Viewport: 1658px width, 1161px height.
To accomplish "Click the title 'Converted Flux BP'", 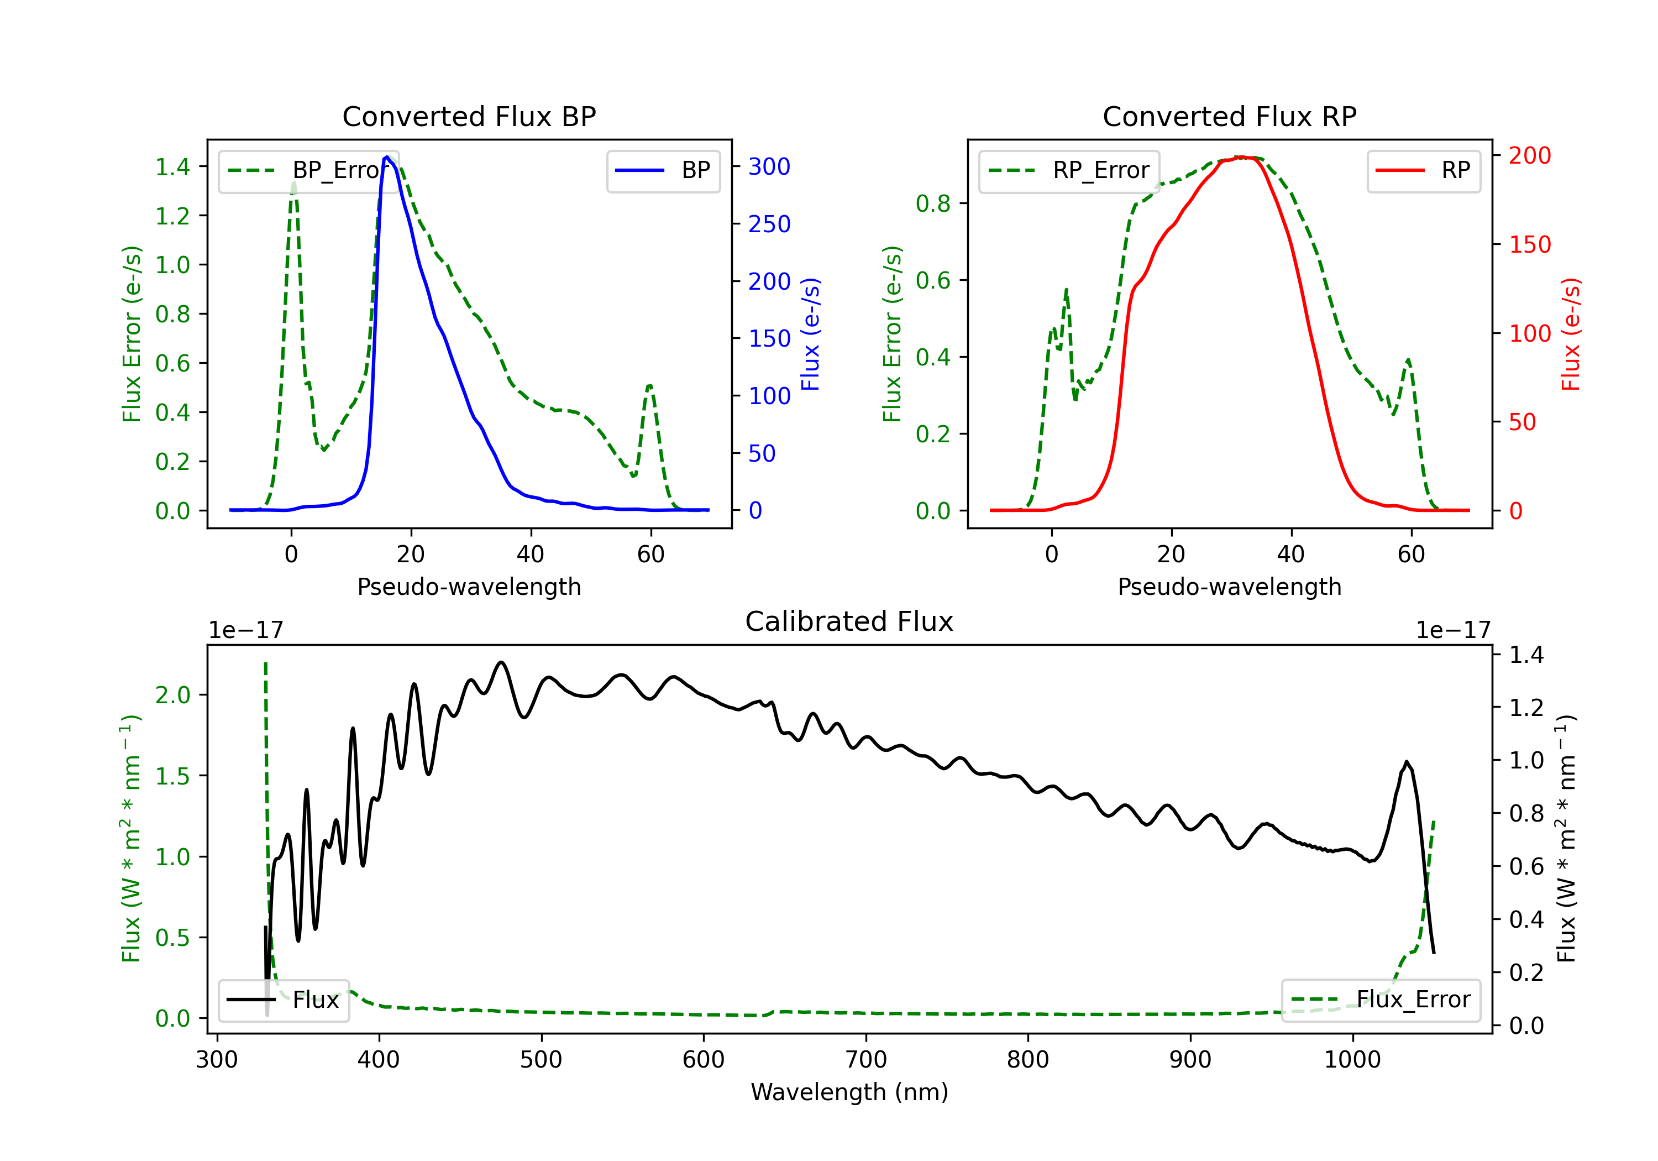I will (469, 116).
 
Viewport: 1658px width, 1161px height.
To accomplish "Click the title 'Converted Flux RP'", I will (1229, 116).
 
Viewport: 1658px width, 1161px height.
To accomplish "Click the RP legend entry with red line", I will (1423, 170).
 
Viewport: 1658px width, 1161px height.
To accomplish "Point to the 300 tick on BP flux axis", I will (769, 167).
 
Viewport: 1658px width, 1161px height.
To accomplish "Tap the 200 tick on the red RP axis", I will (1529, 155).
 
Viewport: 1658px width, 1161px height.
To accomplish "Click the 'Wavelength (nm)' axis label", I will (849, 1092).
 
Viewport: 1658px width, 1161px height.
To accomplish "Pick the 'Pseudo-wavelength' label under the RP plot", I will (1229, 587).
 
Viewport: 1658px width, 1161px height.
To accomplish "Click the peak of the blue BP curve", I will (387, 157).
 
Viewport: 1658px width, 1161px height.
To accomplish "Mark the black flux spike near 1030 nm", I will (1406, 762).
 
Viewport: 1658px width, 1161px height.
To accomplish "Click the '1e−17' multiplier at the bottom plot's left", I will (245, 630).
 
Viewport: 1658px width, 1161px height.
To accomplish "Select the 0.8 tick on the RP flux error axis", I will (933, 204).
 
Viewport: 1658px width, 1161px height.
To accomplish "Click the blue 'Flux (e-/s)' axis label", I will (810, 334).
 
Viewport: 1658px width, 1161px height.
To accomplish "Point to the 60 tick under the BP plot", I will (650, 554).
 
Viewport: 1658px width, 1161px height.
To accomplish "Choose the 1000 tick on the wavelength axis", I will (1352, 1060).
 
